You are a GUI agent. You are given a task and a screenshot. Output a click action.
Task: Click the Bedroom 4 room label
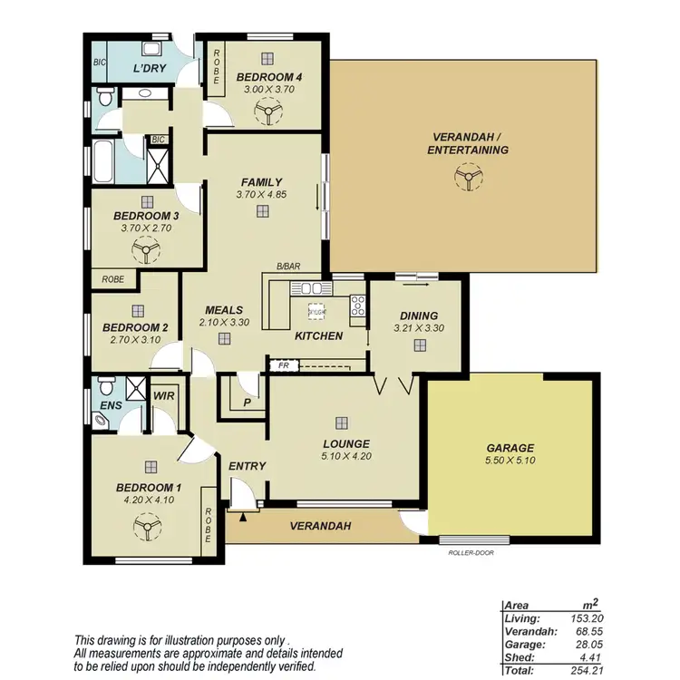point(268,78)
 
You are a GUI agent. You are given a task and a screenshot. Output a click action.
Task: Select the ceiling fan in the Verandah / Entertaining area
point(467,179)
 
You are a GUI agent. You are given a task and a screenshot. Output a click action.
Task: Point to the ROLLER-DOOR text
point(471,551)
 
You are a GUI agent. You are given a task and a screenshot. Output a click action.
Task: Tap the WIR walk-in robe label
point(164,396)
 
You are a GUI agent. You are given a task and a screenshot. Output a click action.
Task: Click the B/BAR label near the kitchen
point(288,267)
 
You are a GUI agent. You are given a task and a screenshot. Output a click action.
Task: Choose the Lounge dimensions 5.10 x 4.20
point(340,458)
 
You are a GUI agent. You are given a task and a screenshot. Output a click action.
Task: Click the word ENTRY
point(247,466)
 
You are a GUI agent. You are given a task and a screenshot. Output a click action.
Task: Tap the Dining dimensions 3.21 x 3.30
point(419,328)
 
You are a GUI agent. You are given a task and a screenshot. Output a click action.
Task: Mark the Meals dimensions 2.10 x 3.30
point(223,322)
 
